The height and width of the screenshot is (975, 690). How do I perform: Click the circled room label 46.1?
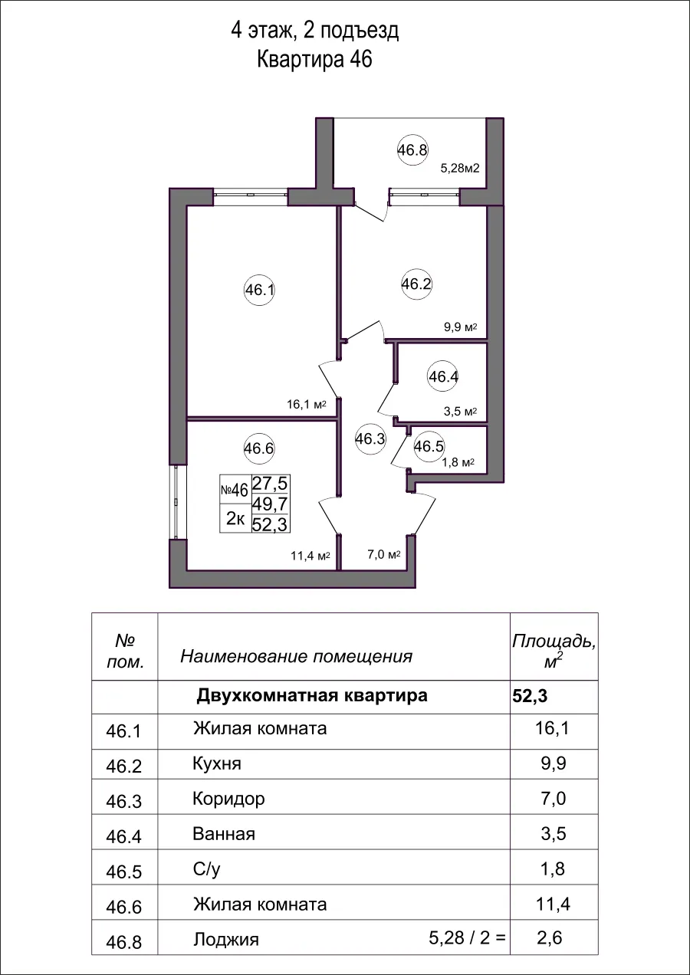259,291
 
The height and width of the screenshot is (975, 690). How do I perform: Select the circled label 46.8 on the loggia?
412,150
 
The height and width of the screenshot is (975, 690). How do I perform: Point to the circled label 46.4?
443,377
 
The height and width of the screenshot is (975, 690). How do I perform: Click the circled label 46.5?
429,446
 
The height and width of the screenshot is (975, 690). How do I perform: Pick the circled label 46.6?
258,449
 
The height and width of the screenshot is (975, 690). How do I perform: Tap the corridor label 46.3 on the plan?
370,439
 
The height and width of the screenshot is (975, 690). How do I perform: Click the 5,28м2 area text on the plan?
459,169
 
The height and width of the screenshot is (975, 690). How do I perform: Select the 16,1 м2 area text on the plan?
306,405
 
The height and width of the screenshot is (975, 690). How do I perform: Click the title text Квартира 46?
314,60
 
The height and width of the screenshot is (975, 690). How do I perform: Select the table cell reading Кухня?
217,764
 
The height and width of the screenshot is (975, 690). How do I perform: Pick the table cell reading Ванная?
224,834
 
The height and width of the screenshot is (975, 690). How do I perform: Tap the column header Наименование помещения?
296,656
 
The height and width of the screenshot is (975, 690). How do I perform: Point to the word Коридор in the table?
229,799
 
